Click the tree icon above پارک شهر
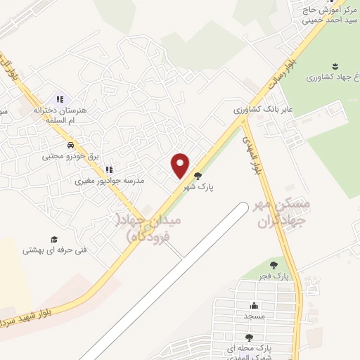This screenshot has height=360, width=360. [x=198, y=176]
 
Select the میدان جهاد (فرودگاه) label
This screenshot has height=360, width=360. [x=148, y=229]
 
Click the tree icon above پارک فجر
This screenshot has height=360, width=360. [x=273, y=265]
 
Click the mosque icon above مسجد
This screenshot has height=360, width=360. [x=254, y=306]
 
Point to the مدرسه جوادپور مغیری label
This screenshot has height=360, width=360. [x=110, y=181]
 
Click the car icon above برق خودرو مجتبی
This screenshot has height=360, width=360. [x=70, y=145]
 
